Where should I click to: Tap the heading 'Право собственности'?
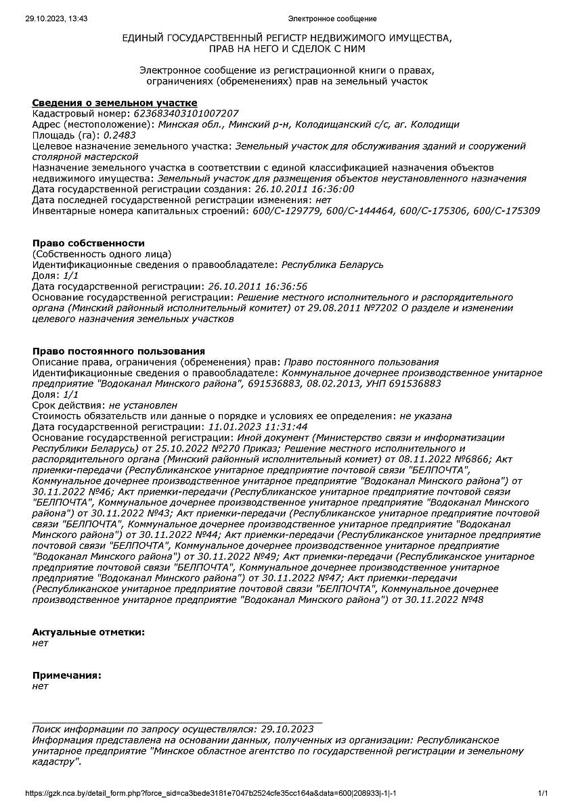point(89,243)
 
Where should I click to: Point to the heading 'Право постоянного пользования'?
point(118,351)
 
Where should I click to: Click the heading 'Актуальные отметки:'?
point(88,632)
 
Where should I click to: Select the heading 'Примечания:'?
point(66,675)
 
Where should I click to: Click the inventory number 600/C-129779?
point(280,211)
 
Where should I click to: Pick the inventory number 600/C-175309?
point(506,211)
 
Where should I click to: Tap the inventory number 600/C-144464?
point(355,211)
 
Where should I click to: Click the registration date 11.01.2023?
point(233,427)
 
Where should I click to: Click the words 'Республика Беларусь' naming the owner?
point(332,265)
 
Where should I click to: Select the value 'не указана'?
point(425,416)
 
